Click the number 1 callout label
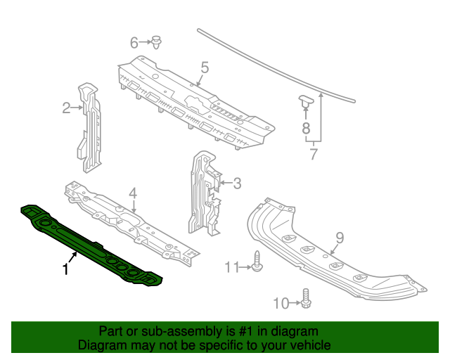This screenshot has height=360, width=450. (x=65, y=269)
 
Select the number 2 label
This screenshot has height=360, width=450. (x=66, y=108)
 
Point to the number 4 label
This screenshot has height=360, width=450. (x=132, y=193)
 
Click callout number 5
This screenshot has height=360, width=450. (x=205, y=67)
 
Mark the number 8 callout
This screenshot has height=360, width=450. (x=306, y=127)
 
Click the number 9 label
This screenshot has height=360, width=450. (x=338, y=237)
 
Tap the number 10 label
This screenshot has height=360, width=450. (x=281, y=303)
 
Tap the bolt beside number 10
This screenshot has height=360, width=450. (x=305, y=299)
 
